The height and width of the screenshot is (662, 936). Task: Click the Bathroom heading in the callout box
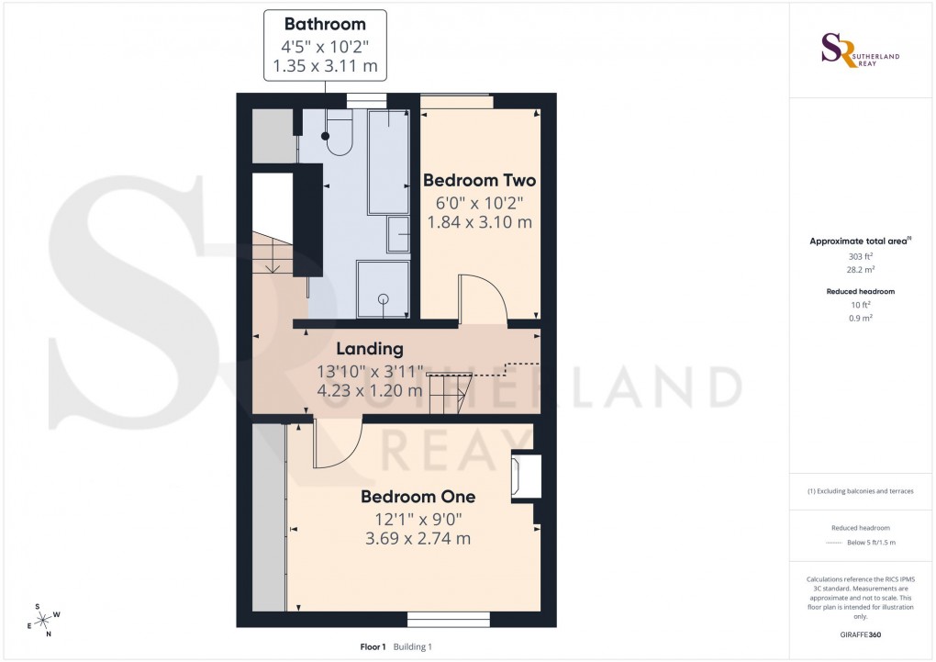point(325,24)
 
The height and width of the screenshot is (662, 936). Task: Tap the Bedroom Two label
point(479,180)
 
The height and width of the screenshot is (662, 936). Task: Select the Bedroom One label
point(418,497)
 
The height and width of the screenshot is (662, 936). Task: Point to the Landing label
point(369,349)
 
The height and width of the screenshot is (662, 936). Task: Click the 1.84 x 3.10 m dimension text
point(479,222)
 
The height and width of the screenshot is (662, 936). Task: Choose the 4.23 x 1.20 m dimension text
point(369,390)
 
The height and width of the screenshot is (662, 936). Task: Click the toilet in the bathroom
point(336,134)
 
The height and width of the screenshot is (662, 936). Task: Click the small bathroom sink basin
point(399,234)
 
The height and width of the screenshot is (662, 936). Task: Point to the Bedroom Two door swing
point(482,299)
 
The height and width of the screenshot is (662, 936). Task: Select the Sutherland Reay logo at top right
point(859,50)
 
